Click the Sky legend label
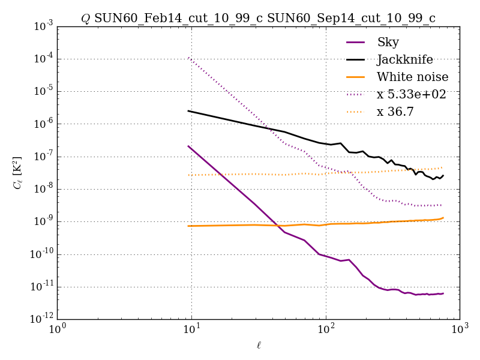388,42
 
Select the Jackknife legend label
404,59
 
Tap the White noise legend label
412,77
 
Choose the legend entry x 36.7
395,112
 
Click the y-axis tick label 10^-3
43,26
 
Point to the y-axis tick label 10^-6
43,124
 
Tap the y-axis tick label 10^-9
43,222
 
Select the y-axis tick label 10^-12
41,319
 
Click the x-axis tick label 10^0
58,331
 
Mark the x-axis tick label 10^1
191,331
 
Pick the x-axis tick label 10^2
326,331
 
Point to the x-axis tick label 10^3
460,331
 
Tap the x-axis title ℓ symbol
259,345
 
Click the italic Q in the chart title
86,19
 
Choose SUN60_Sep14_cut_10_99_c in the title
352,19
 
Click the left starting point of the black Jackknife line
188,110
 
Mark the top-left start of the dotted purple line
188,58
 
